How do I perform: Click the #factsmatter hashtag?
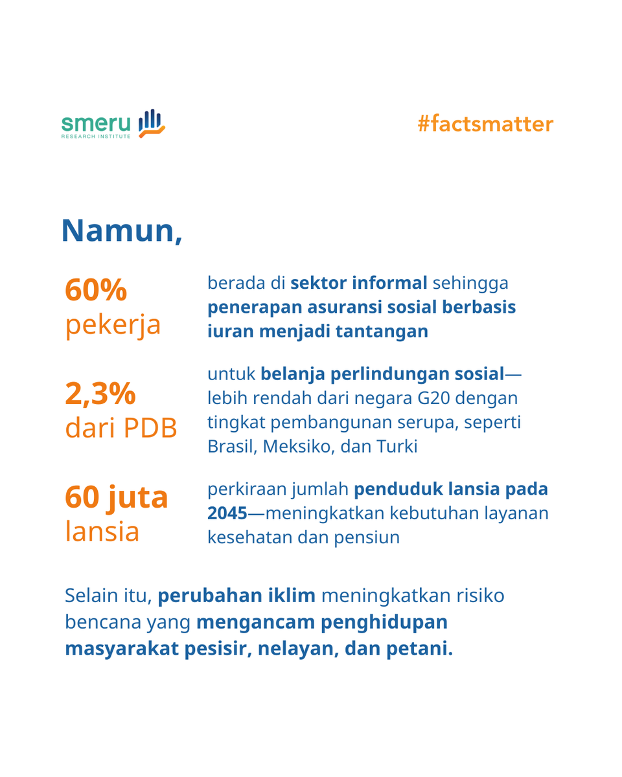(485, 124)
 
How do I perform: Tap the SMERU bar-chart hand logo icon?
(152, 123)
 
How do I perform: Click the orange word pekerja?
(112, 324)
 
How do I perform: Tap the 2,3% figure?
(100, 392)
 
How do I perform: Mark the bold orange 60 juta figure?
(116, 497)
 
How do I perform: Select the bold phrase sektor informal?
(358, 283)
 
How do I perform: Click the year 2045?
(227, 513)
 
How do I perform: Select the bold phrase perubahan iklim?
(237, 596)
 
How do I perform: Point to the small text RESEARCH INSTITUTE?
(96, 137)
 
